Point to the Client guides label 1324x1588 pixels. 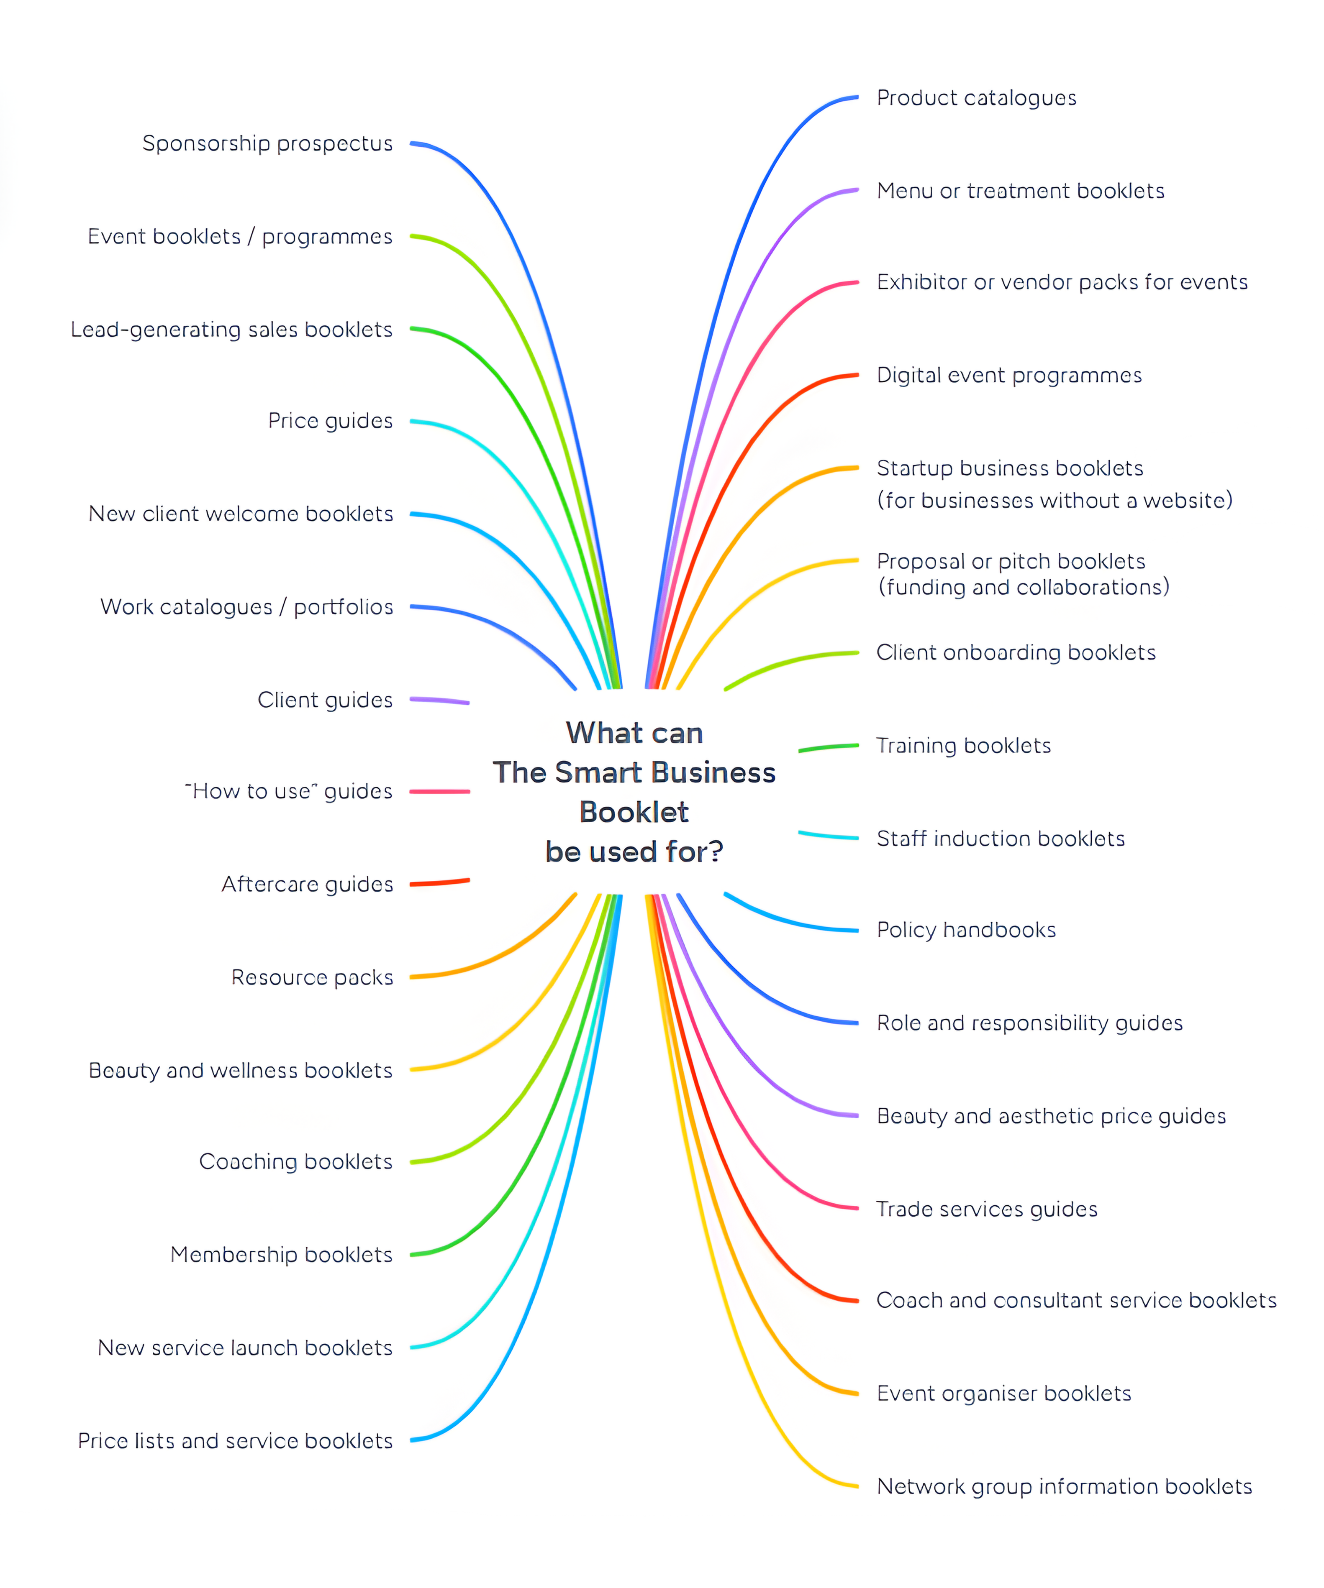click(325, 700)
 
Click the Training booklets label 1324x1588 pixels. click(963, 747)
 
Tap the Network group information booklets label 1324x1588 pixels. click(1064, 1488)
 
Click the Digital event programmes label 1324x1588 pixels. click(1008, 376)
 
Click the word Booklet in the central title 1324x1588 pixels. click(634, 813)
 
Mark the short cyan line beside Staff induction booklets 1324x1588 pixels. click(829, 836)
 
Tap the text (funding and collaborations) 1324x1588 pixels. click(1023, 588)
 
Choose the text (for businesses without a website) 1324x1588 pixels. click(1054, 501)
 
